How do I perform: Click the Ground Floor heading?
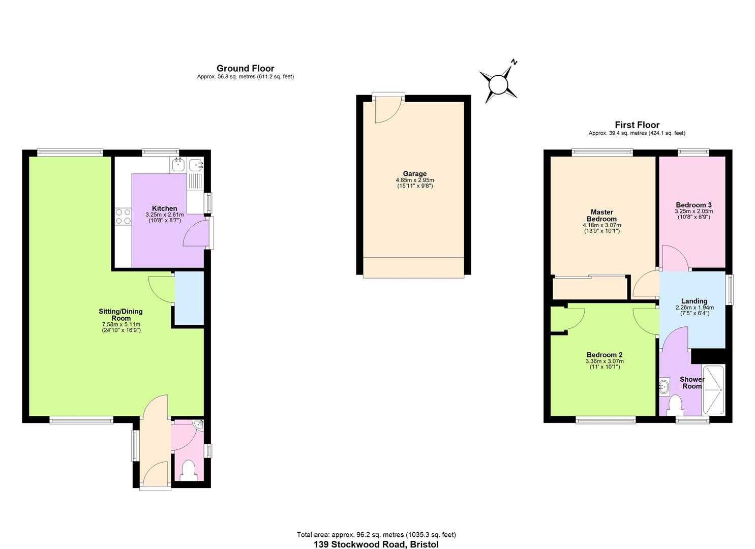[245, 68]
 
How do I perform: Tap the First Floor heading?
[637, 125]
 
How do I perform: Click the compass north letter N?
[514, 62]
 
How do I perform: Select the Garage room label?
[415, 173]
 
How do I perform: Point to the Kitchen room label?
[165, 208]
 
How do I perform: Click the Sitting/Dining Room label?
[120, 315]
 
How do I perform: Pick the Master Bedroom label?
[601, 216]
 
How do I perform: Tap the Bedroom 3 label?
[693, 205]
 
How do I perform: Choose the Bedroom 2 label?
[604, 355]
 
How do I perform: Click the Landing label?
[694, 301]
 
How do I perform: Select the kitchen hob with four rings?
[123, 217]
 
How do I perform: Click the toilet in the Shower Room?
[675, 405]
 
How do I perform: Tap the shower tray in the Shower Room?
[713, 390]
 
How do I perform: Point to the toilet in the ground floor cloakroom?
[188, 470]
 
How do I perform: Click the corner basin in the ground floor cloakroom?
[199, 424]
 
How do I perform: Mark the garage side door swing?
[387, 111]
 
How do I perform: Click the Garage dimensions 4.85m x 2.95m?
[415, 180]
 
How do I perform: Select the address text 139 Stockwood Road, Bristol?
[376, 544]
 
